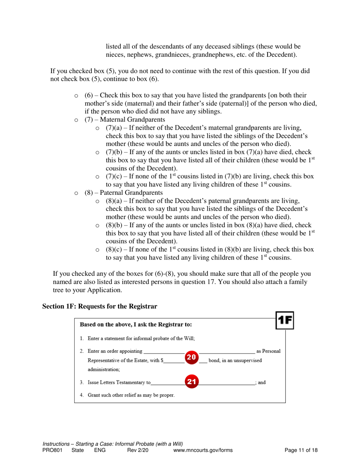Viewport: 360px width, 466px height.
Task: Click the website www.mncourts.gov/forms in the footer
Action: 203,450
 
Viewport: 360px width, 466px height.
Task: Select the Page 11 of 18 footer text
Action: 301,450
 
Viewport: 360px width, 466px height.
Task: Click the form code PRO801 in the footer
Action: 52,450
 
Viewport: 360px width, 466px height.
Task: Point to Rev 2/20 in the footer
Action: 137,450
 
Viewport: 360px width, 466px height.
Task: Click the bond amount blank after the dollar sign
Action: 174,361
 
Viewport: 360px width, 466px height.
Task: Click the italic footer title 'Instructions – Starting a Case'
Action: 113,444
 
